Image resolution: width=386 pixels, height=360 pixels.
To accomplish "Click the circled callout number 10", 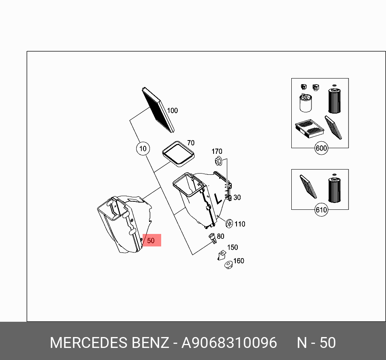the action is click(x=143, y=149).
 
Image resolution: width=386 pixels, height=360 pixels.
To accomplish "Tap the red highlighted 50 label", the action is click(x=151, y=240).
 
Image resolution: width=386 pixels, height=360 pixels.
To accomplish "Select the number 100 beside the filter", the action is click(x=172, y=111).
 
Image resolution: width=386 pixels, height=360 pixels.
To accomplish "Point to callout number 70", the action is click(x=191, y=143).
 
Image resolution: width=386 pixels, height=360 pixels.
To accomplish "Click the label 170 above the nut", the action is click(x=217, y=151).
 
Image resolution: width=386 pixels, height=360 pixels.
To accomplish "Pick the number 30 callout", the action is click(x=237, y=197).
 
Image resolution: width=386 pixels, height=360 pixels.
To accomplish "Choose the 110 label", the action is click(x=240, y=224).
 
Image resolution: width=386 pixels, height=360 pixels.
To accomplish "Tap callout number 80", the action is click(x=220, y=236).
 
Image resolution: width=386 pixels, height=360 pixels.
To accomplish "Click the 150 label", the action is click(x=232, y=247).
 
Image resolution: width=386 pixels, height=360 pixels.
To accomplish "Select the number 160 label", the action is click(x=239, y=261).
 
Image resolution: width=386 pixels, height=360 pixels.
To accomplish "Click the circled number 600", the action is click(x=321, y=148).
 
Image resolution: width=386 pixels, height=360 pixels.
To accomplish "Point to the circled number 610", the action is click(x=321, y=210).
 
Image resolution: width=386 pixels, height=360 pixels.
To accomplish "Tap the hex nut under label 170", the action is click(x=217, y=161).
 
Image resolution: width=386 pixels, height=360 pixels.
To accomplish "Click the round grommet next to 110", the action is click(x=229, y=223).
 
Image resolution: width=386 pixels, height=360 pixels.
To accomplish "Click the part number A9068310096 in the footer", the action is click(x=229, y=343).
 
